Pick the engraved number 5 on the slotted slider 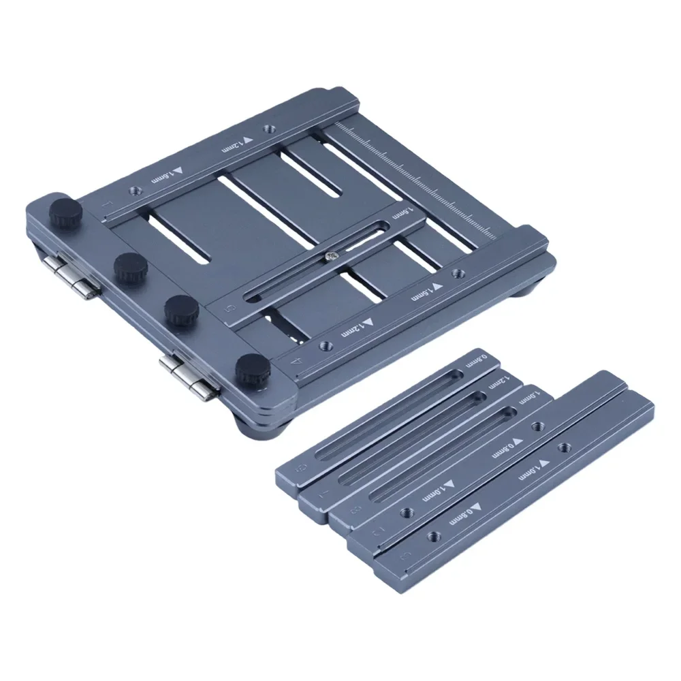[229, 308]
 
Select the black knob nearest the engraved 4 [250, 368]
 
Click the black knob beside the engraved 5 [181, 310]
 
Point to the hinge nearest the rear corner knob [73, 276]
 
